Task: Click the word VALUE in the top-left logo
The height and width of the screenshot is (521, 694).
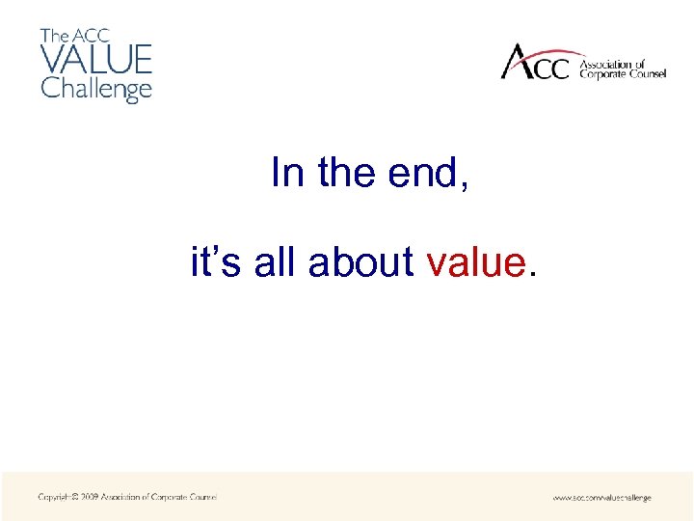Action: (x=95, y=60)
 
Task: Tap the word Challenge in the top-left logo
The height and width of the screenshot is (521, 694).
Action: (x=95, y=89)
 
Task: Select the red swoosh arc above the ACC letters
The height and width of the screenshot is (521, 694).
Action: (x=549, y=50)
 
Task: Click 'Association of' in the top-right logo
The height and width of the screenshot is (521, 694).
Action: (x=611, y=65)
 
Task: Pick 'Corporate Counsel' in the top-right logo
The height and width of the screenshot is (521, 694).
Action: (x=622, y=74)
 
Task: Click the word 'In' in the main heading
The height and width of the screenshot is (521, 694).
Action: (x=287, y=174)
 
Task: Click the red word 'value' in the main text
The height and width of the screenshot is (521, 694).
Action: (x=473, y=261)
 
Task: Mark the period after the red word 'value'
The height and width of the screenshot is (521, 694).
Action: (x=529, y=274)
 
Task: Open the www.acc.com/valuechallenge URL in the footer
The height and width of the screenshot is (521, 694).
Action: (x=601, y=498)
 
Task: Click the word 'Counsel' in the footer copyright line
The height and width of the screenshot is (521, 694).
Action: (x=200, y=497)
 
